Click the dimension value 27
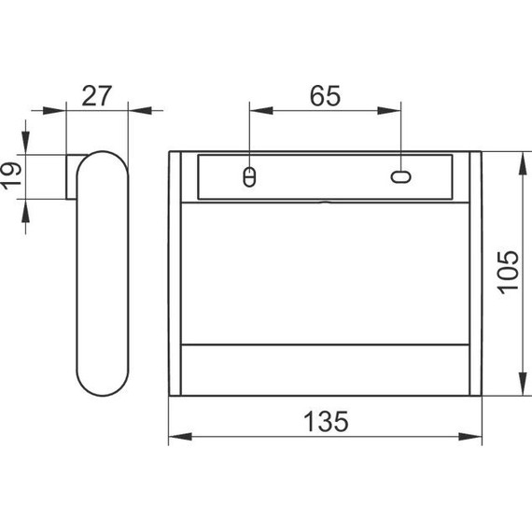point(97,96)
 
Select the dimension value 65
point(325,96)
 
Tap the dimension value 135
point(326,421)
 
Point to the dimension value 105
point(508,273)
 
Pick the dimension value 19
point(11,176)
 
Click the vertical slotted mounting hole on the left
point(249,176)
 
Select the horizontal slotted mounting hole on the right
point(400,176)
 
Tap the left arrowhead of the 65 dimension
point(261,110)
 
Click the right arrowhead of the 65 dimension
point(389,110)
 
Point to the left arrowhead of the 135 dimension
point(180,436)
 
